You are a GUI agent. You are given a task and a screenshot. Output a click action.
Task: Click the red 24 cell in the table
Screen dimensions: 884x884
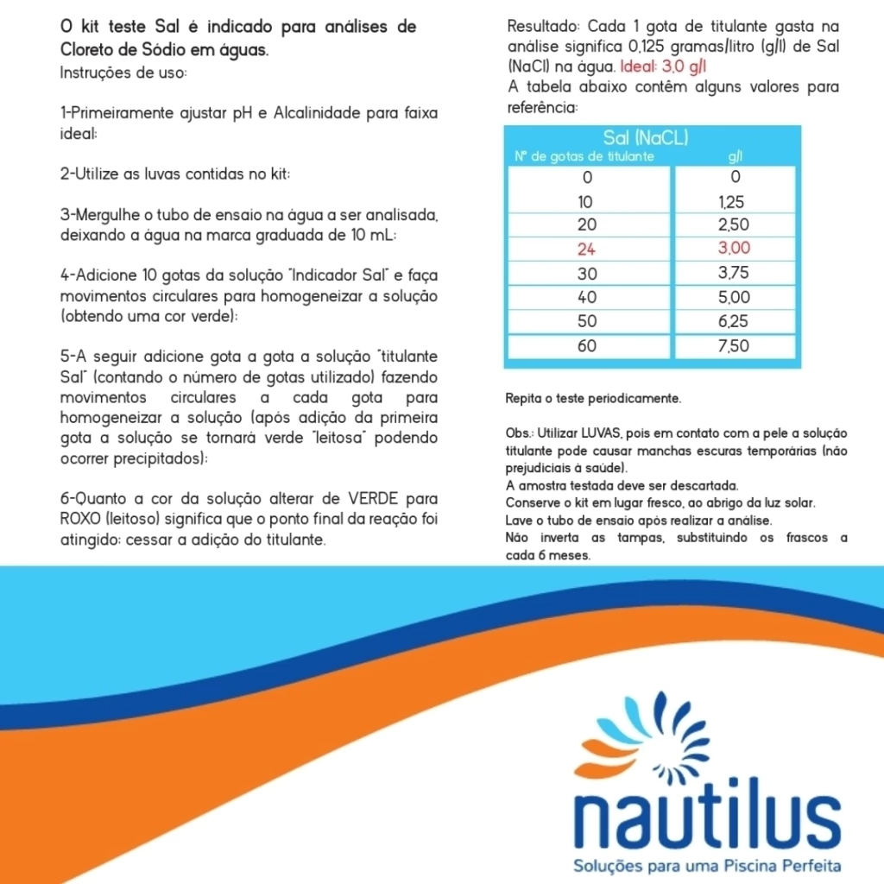pyautogui.click(x=587, y=249)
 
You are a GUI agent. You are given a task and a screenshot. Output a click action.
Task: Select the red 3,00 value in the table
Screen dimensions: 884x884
pyautogui.click(x=735, y=249)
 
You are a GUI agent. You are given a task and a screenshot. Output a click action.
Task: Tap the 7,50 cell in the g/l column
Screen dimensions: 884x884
pyautogui.click(x=735, y=346)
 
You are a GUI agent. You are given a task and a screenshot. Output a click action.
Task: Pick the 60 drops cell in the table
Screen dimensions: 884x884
pyautogui.click(x=587, y=346)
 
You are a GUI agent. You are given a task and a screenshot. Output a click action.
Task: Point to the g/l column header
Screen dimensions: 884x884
pyautogui.click(x=736, y=157)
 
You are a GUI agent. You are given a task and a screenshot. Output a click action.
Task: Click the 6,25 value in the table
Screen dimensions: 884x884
pyautogui.click(x=735, y=322)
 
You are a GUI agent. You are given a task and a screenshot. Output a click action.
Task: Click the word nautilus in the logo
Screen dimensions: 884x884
pyautogui.click(x=707, y=813)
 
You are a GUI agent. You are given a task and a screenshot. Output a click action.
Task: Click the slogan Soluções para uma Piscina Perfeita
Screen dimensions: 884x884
pyautogui.click(x=707, y=865)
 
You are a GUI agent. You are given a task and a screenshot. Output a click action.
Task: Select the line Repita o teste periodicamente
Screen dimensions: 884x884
pyautogui.click(x=593, y=400)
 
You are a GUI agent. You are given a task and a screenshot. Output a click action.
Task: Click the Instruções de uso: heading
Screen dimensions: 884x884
pyautogui.click(x=123, y=73)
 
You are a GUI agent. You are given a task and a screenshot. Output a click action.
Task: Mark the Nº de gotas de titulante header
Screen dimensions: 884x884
pyautogui.click(x=584, y=157)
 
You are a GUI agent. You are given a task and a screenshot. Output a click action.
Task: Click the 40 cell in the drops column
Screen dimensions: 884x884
pyautogui.click(x=587, y=298)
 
